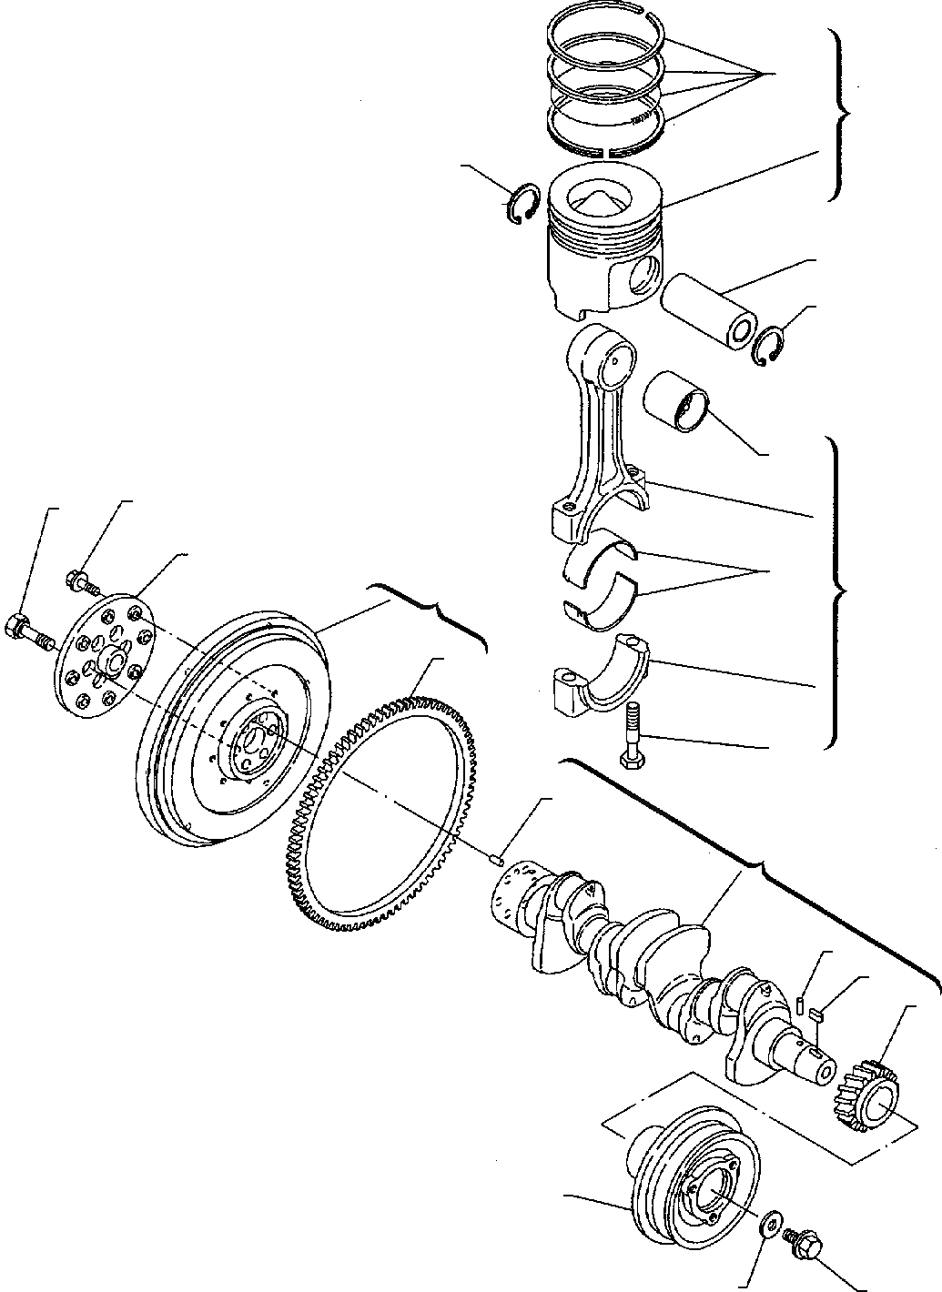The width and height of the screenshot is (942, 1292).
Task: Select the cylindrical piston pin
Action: pos(708,309)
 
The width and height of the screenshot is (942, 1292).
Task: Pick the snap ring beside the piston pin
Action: pos(766,347)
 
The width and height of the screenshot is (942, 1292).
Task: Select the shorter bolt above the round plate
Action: pos(80,579)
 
